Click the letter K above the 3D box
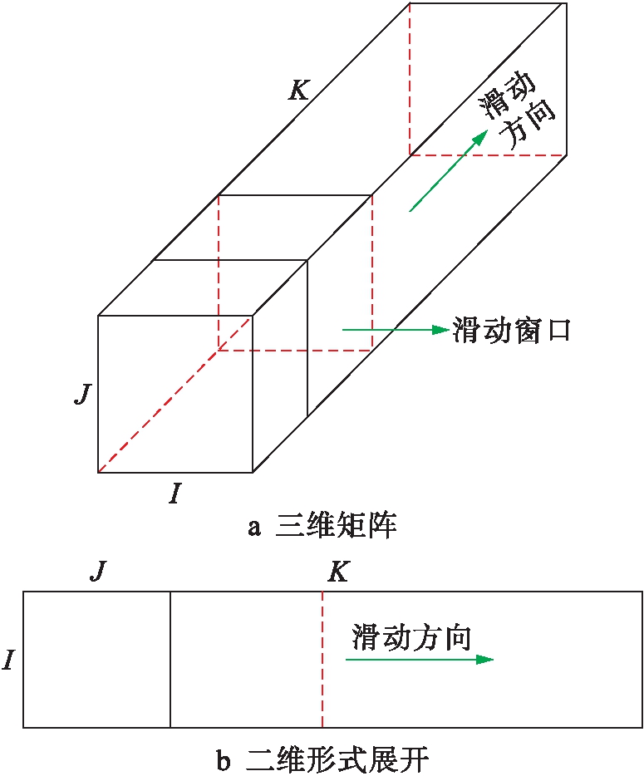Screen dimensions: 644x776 (299, 91)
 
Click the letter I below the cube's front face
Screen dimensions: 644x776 (175, 494)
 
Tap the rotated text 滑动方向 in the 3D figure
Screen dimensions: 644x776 (516, 111)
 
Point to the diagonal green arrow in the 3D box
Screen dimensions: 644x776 (449, 171)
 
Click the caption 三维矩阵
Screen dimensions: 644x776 (336, 526)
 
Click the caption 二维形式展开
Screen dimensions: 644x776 (337, 759)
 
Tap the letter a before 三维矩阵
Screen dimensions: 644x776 (254, 528)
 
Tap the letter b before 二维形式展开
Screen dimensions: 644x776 (224, 759)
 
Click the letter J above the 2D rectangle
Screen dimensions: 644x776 (99, 571)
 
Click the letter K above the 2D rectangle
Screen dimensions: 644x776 (338, 572)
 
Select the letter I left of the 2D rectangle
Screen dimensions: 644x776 (7, 660)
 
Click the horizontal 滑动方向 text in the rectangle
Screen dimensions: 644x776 (411, 636)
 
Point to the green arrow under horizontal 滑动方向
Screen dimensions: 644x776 (420, 659)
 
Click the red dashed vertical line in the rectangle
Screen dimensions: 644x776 (322, 659)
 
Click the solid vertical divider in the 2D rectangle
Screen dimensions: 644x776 (170, 659)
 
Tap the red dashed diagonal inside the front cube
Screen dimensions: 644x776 (175, 395)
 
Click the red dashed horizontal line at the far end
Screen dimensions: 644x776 (488, 155)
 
